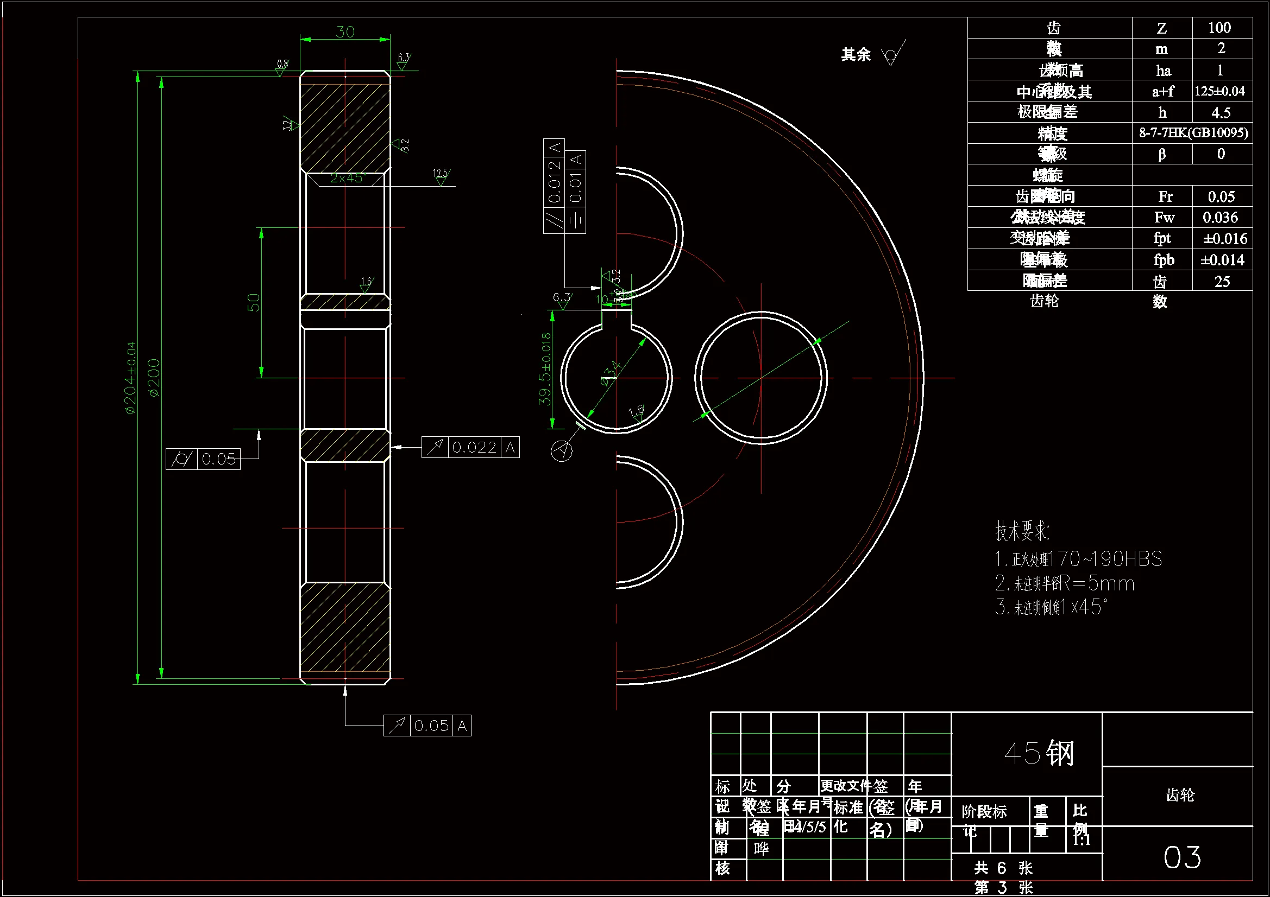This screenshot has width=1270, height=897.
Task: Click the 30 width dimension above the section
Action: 345,32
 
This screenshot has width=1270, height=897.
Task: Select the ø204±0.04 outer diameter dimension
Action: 130,378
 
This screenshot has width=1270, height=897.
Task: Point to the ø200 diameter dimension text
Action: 154,378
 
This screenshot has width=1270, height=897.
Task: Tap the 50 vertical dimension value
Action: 253,302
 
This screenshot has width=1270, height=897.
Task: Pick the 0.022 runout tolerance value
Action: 474,447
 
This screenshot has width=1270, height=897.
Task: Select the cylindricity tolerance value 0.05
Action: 218,459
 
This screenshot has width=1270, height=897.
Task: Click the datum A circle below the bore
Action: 562,451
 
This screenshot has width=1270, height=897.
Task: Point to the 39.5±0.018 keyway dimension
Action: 545,368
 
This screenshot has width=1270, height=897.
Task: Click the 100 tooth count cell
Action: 1219,28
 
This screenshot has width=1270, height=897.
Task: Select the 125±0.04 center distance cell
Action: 1219,91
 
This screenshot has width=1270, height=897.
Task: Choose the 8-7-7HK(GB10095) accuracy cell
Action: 1193,132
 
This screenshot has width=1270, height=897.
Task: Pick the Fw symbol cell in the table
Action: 1164,218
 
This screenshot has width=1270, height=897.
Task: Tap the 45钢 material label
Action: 1039,753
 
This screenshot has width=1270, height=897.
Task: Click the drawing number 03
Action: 1182,857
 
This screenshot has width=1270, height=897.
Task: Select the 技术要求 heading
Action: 1022,531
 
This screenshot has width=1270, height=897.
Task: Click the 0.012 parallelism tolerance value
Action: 555,181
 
